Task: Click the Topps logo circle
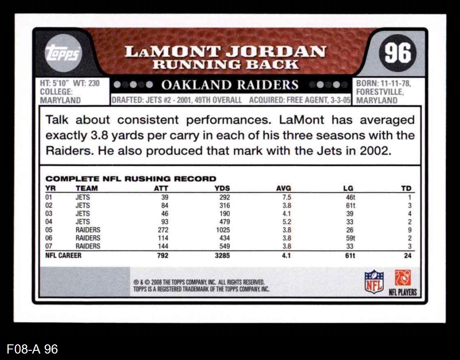click(63, 52)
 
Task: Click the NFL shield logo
click(374, 281)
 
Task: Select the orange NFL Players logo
click(402, 278)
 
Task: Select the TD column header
click(407, 188)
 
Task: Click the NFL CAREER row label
click(63, 256)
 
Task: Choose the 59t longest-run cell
click(350, 238)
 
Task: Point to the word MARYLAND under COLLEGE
click(63, 100)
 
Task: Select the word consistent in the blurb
click(149, 120)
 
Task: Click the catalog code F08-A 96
click(33, 349)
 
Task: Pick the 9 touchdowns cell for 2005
click(409, 230)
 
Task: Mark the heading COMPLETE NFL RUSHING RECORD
click(131, 178)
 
